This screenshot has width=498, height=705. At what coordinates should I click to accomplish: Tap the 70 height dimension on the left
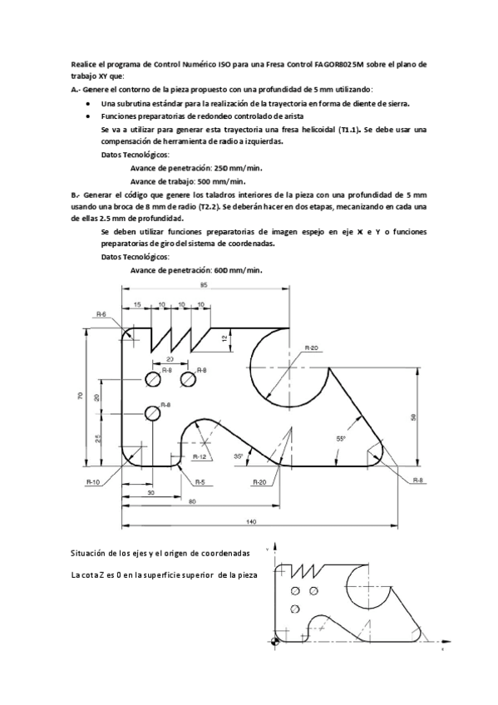coord(81,397)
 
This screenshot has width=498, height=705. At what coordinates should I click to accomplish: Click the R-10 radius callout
coord(93,481)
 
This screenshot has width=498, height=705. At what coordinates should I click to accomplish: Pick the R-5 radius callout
coord(199,481)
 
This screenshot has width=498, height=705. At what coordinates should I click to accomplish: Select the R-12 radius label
coord(200,456)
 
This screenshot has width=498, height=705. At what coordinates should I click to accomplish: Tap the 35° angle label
coord(239,456)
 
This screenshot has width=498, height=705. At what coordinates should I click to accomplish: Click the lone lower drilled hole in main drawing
coord(152,412)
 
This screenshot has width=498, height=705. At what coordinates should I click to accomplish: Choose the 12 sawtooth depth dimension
coord(224,338)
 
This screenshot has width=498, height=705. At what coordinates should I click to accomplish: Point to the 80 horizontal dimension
coord(192,501)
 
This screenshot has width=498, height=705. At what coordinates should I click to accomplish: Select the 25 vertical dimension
coord(99,440)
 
